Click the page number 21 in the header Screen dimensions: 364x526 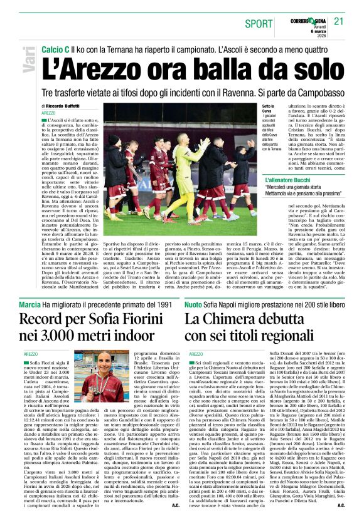[340, 21]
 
